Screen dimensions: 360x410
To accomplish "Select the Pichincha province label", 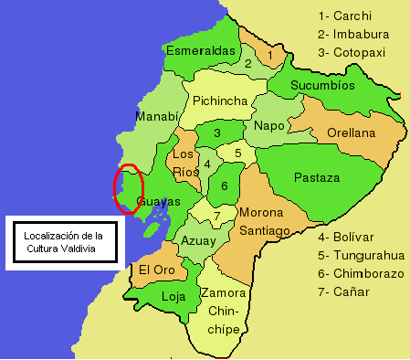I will click(x=220, y=101).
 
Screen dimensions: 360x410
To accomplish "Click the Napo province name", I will click(x=269, y=125).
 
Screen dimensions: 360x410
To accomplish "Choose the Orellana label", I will click(x=351, y=133).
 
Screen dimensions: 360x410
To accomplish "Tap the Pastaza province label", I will click(x=317, y=177).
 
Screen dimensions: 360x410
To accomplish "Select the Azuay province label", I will click(x=199, y=241).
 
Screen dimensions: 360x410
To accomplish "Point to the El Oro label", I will click(x=156, y=270).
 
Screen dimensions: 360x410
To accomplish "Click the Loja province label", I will click(x=173, y=296).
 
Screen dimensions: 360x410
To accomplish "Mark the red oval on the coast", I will click(x=128, y=189).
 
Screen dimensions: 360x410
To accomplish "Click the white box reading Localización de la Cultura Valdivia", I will click(x=64, y=243).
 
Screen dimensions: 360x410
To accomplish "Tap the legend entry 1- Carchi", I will click(x=352, y=16).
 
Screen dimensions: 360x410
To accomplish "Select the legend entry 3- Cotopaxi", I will click(x=358, y=52).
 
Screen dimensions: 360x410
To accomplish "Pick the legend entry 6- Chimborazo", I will click(x=363, y=274).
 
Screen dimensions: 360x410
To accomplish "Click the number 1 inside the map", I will click(x=270, y=56).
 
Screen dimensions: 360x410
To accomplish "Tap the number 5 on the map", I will click(x=237, y=153).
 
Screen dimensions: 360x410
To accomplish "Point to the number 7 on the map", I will click(x=216, y=216).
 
